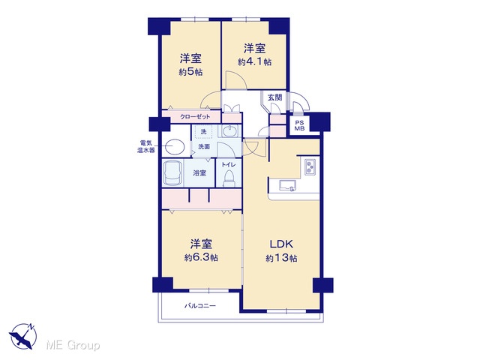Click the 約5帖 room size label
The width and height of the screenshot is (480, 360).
[x=190, y=72]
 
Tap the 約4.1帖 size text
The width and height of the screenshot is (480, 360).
[x=254, y=62]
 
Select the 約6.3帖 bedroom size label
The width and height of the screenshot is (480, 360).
[x=201, y=258]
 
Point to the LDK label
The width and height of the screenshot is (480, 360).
[x=281, y=244]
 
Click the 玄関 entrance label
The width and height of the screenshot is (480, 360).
[x=274, y=97]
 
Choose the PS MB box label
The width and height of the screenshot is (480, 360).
[x=299, y=125]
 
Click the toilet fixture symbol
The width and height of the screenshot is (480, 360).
[x=229, y=178]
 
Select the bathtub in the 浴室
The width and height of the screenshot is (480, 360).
[x=172, y=173]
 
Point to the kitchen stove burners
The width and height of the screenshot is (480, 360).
[x=310, y=167]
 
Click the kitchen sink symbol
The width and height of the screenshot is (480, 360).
[x=288, y=185]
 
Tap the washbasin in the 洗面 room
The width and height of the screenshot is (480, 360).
[x=229, y=132]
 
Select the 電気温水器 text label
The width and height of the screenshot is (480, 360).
[x=145, y=147]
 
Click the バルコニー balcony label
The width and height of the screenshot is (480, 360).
[x=200, y=306]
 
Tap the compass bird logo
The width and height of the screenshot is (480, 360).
[x=22, y=337]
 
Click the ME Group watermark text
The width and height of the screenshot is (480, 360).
[x=73, y=345]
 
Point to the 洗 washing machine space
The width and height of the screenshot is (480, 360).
[x=203, y=132]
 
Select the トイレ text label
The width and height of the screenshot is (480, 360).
[x=229, y=165]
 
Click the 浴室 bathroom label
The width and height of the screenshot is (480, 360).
[x=199, y=173]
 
